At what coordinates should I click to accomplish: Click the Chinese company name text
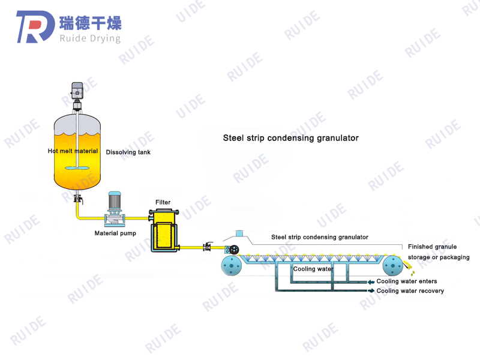click(91, 23)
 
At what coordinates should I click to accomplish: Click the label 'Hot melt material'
click(73, 152)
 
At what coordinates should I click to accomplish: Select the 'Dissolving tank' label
click(128, 152)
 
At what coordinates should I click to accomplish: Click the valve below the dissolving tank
click(77, 198)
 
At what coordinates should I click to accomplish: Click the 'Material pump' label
click(115, 233)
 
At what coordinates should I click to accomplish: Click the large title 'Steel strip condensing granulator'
click(290, 138)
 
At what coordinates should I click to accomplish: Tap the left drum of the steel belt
click(231, 266)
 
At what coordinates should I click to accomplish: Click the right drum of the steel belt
click(393, 265)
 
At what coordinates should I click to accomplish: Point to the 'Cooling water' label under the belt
click(313, 269)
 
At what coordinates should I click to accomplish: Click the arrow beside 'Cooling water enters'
click(371, 281)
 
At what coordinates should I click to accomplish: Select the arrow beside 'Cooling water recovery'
click(371, 291)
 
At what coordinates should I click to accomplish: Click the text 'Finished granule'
click(432, 247)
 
